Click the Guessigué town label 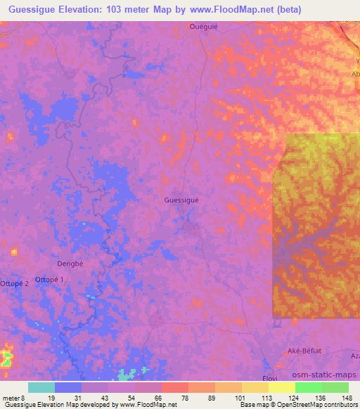pos(181,200)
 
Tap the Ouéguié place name pos(203,27)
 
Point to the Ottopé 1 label pos(53,280)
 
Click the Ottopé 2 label pos(15,283)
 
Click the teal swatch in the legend pos(41,387)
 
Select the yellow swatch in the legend pos(281,387)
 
